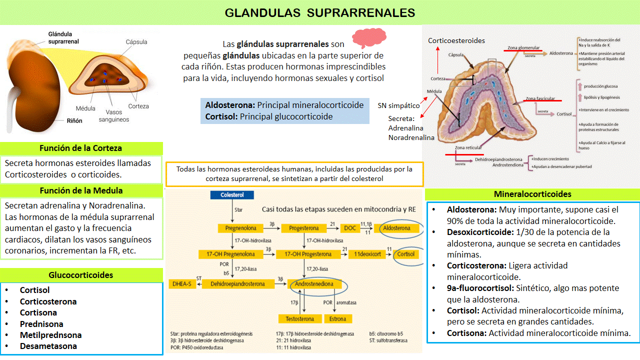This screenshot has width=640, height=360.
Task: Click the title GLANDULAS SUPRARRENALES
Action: (x=320, y=12)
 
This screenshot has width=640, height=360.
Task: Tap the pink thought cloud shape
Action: (x=369, y=37)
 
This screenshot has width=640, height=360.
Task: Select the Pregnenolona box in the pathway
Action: (x=241, y=228)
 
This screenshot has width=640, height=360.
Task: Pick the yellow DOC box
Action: (x=349, y=228)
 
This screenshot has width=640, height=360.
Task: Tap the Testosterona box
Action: (x=300, y=319)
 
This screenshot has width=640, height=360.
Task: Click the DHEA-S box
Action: (x=181, y=284)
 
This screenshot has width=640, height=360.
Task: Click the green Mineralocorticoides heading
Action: (x=532, y=194)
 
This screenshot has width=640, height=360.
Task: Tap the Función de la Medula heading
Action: (x=81, y=190)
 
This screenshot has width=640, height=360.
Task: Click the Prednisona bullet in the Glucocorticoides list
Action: (x=41, y=324)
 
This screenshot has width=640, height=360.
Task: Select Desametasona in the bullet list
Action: (x=48, y=346)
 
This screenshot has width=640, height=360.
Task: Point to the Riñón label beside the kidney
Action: (x=74, y=120)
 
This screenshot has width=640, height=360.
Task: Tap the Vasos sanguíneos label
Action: (x=113, y=116)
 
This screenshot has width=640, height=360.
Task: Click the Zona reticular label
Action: (x=468, y=147)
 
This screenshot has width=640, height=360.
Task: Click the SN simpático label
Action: (x=398, y=105)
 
